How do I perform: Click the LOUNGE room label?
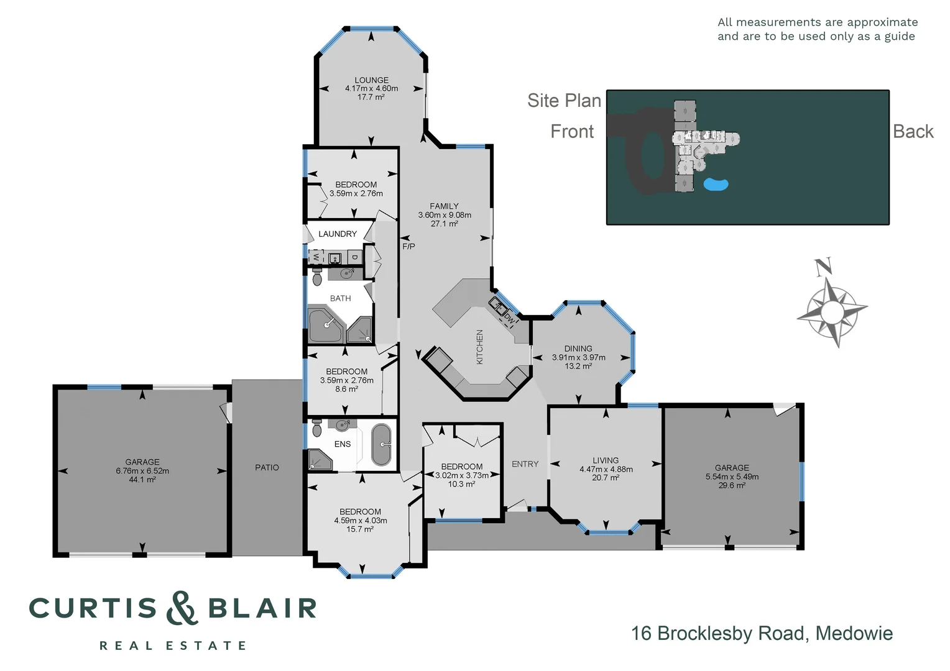click(x=371, y=80)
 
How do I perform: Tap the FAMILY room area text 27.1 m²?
click(x=444, y=224)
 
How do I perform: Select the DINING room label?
click(x=578, y=349)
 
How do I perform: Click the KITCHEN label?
click(x=479, y=347)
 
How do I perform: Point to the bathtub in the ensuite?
click(x=381, y=444)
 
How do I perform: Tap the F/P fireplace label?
click(x=408, y=247)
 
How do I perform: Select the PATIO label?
click(x=267, y=467)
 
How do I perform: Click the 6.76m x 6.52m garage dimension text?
click(x=142, y=471)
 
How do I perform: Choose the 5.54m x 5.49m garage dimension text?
click(x=732, y=477)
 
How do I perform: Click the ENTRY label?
click(x=525, y=464)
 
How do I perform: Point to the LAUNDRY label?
click(x=338, y=234)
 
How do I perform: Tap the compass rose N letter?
click(x=823, y=267)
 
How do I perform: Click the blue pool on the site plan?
click(x=716, y=184)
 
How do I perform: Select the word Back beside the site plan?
click(x=913, y=132)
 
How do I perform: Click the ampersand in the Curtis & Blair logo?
click(x=182, y=608)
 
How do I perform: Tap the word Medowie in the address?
click(x=854, y=633)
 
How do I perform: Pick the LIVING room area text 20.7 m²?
click(x=606, y=478)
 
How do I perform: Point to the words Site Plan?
click(x=564, y=101)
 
